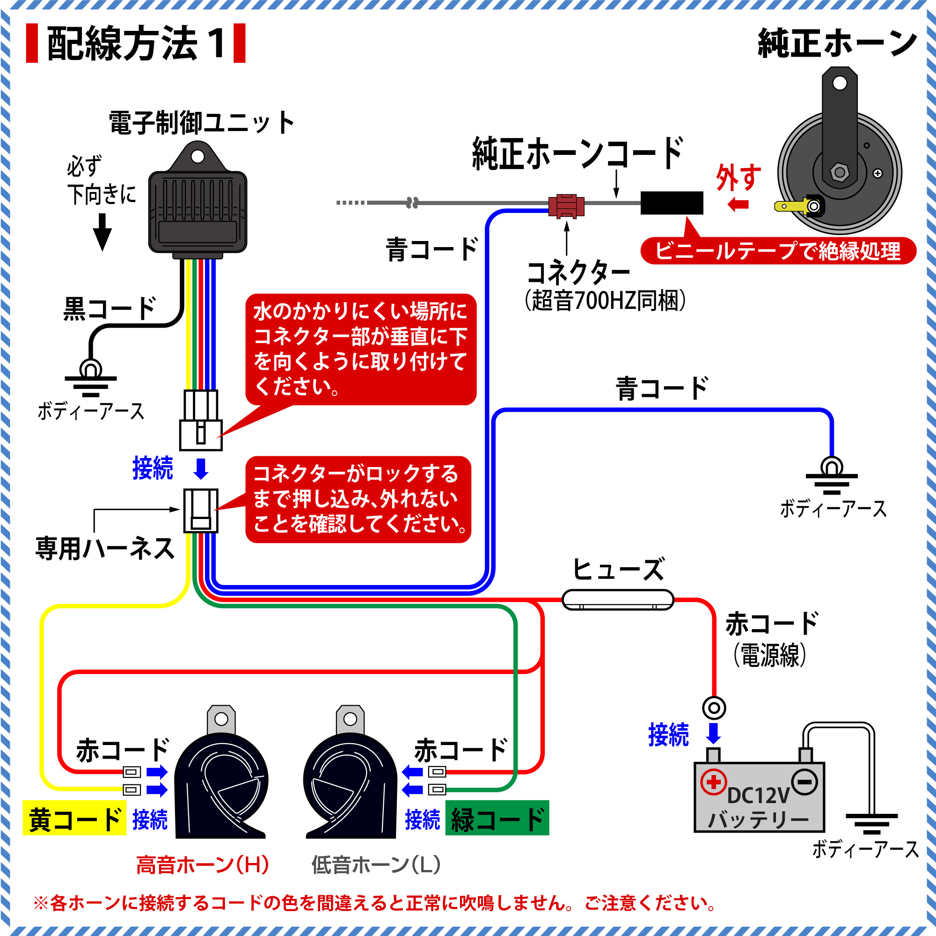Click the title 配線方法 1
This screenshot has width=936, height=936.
pos(136,44)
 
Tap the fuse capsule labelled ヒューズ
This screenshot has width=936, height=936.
pos(618,600)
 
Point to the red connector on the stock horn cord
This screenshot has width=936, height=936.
pos(566,206)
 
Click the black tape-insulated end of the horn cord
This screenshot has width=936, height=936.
pos(672,203)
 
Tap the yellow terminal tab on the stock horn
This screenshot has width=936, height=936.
pos(790,206)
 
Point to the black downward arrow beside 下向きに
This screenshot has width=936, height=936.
pos(102,232)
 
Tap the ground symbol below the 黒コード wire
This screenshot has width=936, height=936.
pos(91,379)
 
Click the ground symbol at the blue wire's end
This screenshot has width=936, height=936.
pos(831,477)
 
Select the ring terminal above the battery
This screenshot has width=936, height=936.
pos(714,708)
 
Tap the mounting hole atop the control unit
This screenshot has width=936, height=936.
pos(197,156)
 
